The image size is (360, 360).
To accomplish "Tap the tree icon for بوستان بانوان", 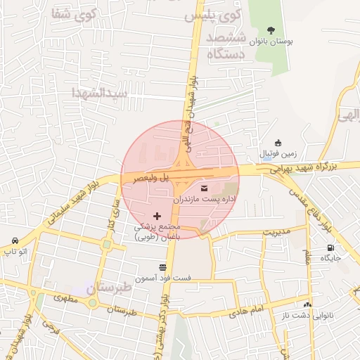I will (271, 30).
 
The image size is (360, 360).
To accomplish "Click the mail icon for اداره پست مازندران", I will (205, 188).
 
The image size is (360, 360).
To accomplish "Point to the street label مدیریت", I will (276, 231).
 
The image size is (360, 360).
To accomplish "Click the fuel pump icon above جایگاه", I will (330, 247).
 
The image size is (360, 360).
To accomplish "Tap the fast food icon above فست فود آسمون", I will (163, 267).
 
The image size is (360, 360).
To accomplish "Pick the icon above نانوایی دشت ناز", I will (307, 304).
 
